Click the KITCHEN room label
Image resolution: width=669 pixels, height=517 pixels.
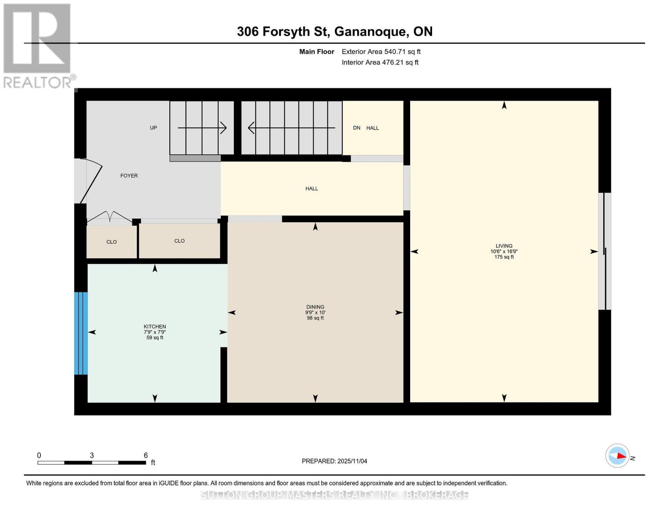click(x=155, y=327)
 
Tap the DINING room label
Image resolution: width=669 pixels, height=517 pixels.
click(x=315, y=307)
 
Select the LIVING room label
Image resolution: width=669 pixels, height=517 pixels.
click(x=504, y=246)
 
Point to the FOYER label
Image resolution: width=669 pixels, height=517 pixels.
click(x=129, y=176)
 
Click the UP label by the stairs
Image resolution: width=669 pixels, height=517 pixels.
click(x=153, y=128)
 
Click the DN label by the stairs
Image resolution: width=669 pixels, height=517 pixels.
click(x=357, y=128)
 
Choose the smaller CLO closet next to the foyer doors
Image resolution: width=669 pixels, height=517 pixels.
click(x=112, y=242)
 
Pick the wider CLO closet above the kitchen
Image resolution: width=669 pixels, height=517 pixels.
click(x=180, y=241)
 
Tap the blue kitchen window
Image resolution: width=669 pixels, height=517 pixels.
click(x=81, y=333)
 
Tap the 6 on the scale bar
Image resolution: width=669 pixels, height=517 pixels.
click(x=146, y=455)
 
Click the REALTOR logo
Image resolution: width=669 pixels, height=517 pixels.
click(x=38, y=46)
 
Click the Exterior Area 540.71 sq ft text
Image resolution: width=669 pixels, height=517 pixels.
click(x=381, y=52)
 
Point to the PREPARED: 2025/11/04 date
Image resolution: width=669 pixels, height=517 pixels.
click(x=334, y=461)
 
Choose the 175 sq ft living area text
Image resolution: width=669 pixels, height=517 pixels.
click(x=504, y=257)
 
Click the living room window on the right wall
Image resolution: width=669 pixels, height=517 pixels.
click(x=604, y=251)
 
